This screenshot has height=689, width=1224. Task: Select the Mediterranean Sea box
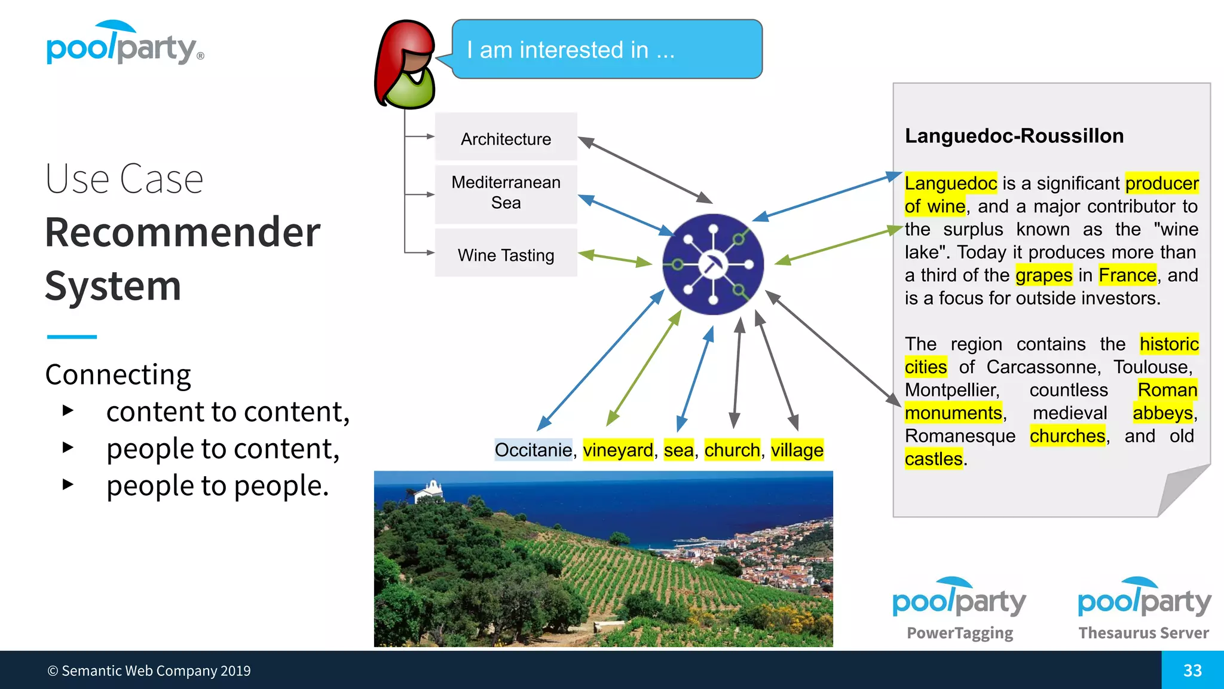[x=506, y=193]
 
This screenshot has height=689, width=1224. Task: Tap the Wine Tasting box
[x=506, y=254]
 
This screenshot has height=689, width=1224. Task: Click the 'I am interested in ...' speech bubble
[x=607, y=50]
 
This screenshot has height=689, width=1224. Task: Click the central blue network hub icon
[x=713, y=264]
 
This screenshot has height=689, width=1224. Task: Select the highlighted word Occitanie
[x=533, y=450]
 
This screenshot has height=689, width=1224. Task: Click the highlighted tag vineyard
[x=618, y=450]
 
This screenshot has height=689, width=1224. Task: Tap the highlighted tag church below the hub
[x=732, y=450]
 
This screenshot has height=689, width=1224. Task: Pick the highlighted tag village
[x=797, y=450]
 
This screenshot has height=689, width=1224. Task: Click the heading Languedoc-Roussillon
[x=1014, y=136]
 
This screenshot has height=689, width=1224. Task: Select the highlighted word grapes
[x=1044, y=275]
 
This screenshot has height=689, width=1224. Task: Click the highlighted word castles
[x=934, y=459]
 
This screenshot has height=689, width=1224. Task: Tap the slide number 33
[x=1192, y=670]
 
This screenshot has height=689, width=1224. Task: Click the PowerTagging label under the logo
[x=960, y=633]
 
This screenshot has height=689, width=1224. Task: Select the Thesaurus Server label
[x=1143, y=633]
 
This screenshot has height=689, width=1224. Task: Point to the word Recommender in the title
[x=183, y=232]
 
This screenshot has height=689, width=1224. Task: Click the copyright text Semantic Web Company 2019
[x=149, y=671]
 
